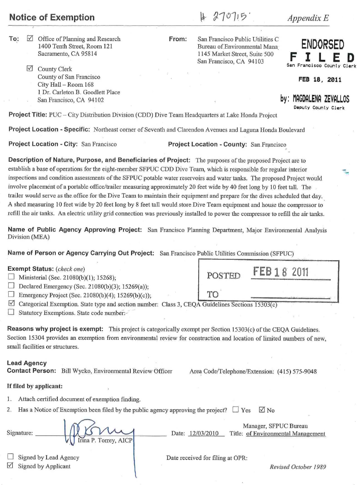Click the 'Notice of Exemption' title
pyautogui.click(x=52, y=18)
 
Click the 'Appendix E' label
pyautogui.click(x=308, y=18)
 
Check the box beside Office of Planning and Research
pyautogui.click(x=30, y=38)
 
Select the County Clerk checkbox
pyautogui.click(x=30, y=68)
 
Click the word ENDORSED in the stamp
pyautogui.click(x=323, y=44)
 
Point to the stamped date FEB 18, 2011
pyautogui.click(x=320, y=80)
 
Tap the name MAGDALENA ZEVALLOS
pyautogui.click(x=319, y=99)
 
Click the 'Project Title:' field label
pyautogui.click(x=28, y=115)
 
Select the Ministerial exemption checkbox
pyautogui.click(x=11, y=277)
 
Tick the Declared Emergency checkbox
pyautogui.click(x=11, y=286)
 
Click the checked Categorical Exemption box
pyautogui.click(x=11, y=303)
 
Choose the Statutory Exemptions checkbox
pyautogui.click(x=11, y=312)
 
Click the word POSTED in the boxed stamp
pyautogui.click(x=224, y=276)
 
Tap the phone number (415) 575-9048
pyautogui.click(x=297, y=371)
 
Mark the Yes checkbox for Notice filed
pyautogui.click(x=235, y=410)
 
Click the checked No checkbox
pyautogui.click(x=262, y=410)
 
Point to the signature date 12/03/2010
pyautogui.click(x=204, y=433)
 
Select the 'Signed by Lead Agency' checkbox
pyautogui.click(x=11, y=457)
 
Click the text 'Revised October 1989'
pyautogui.click(x=298, y=467)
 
